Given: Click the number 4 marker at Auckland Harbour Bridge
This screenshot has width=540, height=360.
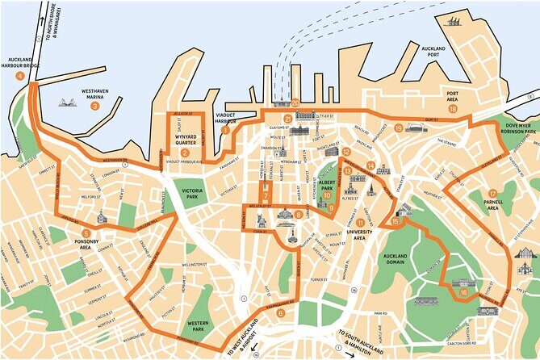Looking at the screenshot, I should tap(10, 75).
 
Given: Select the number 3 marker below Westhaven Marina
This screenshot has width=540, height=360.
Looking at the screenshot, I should tap(94, 106).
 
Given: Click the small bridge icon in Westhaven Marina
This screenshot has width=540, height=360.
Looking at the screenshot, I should tap(67, 103).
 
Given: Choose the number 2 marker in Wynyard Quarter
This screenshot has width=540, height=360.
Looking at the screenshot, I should tap(185, 153).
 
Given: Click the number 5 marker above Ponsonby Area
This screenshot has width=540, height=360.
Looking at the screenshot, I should tap(86, 233).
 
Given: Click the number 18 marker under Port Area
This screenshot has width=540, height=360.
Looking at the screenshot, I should tap(453, 109).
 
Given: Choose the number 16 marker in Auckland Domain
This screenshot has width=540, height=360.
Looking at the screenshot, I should tap(463, 293).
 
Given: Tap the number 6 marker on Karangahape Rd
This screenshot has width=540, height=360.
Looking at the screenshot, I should tap(280, 313).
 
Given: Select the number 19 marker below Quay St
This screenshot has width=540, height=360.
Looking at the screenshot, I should tap(399, 128).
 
